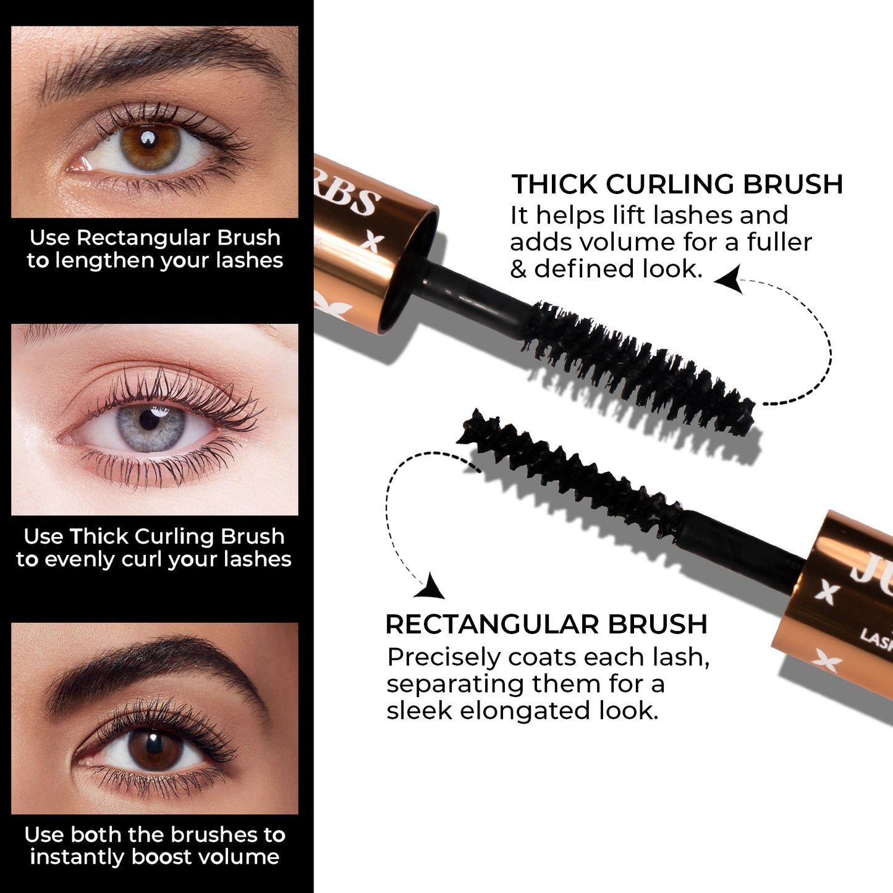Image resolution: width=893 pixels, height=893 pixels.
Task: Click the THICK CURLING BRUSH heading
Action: tap(677, 184)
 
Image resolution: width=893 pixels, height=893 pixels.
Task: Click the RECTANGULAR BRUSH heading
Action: tap(546, 624)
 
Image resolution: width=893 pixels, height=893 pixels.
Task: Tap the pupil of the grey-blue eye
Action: tap(150, 421)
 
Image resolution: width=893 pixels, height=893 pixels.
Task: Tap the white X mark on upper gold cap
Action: tap(371, 242)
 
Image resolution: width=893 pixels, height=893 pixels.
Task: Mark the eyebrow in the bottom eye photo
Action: tap(154, 664)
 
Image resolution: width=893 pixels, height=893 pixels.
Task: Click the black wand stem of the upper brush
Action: tap(476, 297)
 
